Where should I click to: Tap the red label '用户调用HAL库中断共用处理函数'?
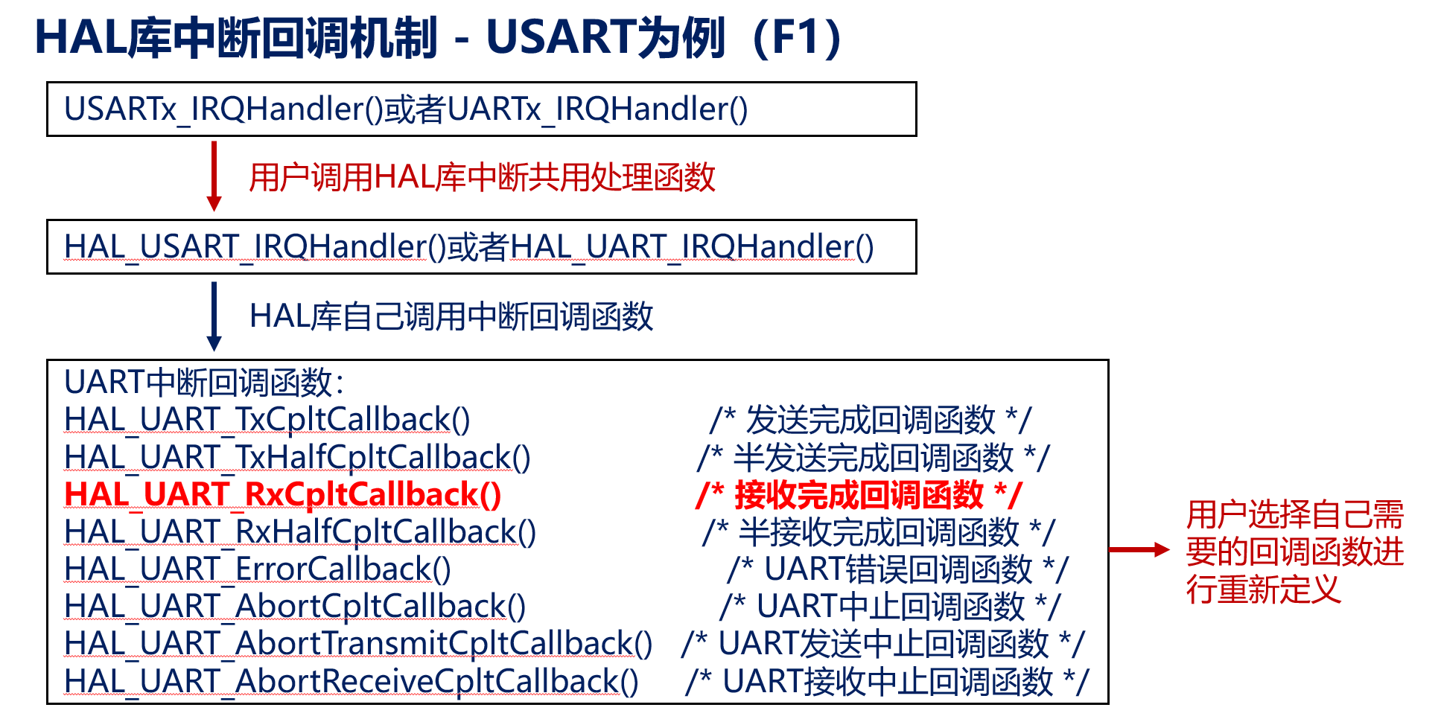(x=482, y=178)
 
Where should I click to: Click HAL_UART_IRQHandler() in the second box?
(x=692, y=247)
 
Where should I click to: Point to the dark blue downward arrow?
(x=214, y=316)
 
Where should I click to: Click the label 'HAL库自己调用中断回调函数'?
(x=451, y=316)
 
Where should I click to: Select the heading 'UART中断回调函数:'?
(x=204, y=383)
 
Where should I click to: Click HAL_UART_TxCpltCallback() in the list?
(x=267, y=420)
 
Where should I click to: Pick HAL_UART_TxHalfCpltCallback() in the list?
(x=297, y=457)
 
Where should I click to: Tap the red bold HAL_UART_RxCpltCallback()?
(x=283, y=494)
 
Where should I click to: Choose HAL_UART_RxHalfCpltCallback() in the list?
(x=300, y=531)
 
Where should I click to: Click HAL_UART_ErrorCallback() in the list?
(x=258, y=569)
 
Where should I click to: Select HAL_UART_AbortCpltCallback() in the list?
(x=295, y=606)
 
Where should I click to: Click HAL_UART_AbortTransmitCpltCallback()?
(x=358, y=643)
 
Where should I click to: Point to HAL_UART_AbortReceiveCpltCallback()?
(x=351, y=681)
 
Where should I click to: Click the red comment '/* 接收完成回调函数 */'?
(x=859, y=495)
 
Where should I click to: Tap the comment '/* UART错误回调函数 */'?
(x=897, y=569)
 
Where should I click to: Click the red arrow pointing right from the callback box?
(x=1139, y=549)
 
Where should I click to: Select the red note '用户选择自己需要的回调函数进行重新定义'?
(x=1294, y=552)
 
